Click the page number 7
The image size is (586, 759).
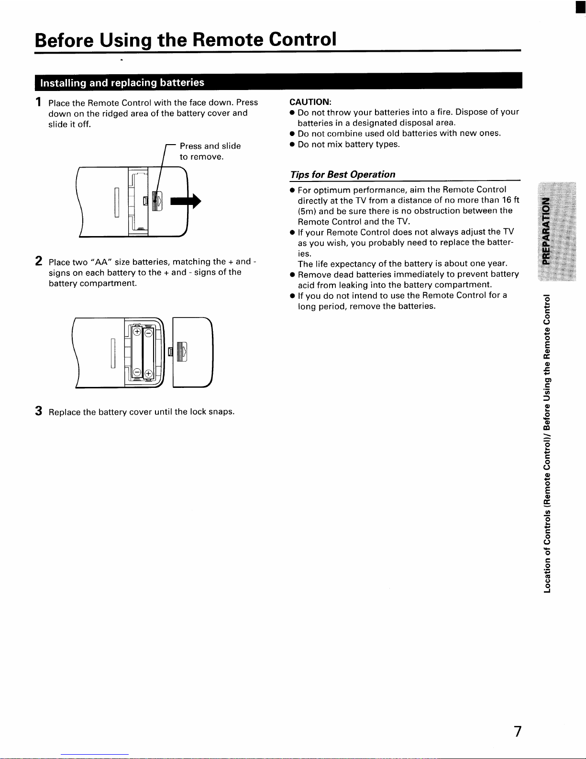518,731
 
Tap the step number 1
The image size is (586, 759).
38,102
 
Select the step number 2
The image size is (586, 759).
38,261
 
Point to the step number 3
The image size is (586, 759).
38,411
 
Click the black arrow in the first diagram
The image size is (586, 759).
186,201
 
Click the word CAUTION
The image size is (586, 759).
310,102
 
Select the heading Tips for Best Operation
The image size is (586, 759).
343,174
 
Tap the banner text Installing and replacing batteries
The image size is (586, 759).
122,83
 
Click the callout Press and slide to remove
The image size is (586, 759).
210,151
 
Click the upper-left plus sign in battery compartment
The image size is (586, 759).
137,331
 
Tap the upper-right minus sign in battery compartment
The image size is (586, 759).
148,333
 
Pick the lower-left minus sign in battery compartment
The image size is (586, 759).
137,372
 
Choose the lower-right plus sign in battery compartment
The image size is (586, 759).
148,374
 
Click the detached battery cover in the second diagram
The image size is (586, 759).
192,352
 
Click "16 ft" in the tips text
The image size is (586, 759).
511,200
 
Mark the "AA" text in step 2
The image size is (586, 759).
101,262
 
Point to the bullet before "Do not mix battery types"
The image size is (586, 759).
292,144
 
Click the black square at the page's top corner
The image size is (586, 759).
580,7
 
